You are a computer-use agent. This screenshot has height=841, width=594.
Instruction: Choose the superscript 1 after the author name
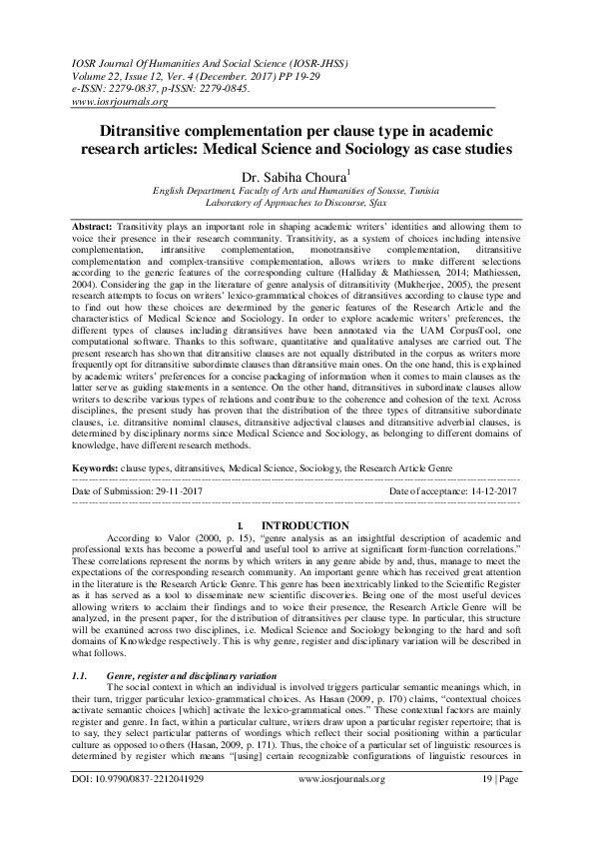pyautogui.click(x=363, y=167)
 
